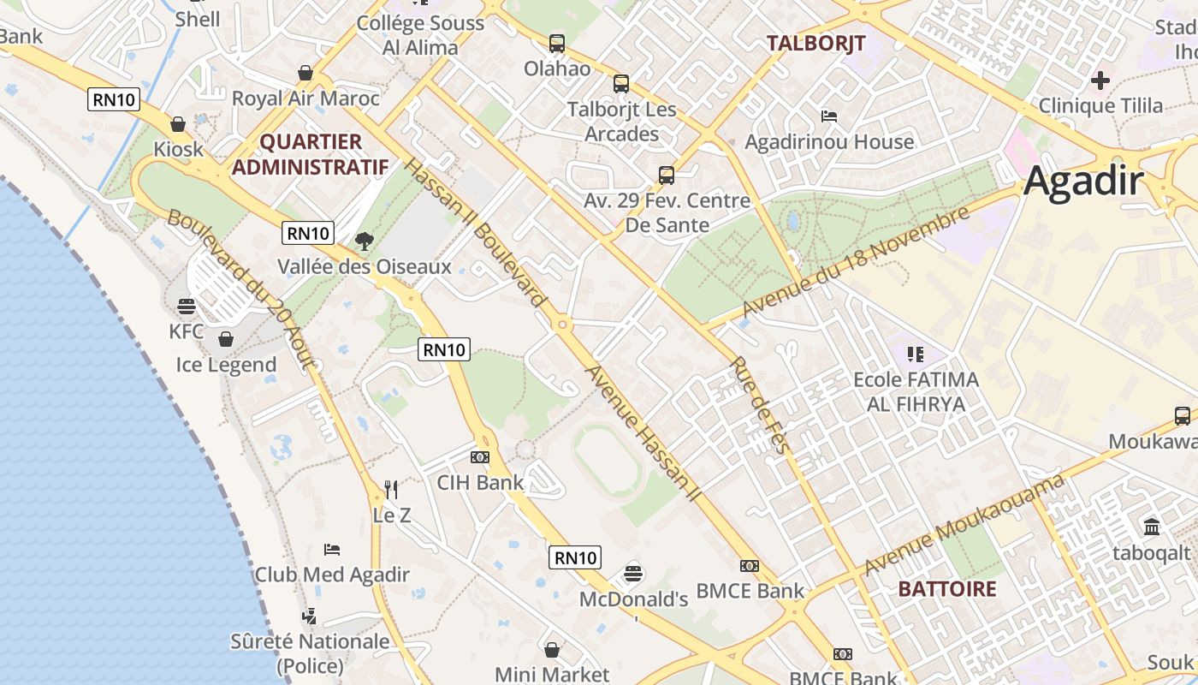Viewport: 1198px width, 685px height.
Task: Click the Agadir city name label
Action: (x=1083, y=182)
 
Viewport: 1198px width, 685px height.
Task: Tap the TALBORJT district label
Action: (x=815, y=43)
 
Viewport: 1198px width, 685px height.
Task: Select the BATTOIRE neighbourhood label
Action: (x=947, y=589)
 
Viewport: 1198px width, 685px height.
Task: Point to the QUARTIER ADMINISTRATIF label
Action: (x=310, y=154)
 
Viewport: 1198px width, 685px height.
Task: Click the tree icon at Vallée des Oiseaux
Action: (x=364, y=241)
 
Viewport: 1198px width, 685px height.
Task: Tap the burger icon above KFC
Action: (x=187, y=306)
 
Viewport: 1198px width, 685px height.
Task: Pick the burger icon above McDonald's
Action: (x=633, y=573)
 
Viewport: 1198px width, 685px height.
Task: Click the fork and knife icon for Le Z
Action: (x=391, y=489)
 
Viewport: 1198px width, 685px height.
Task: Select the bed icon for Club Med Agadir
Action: (x=332, y=549)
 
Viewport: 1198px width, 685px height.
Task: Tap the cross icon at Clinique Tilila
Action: (x=1100, y=81)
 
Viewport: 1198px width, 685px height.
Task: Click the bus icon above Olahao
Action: (x=557, y=43)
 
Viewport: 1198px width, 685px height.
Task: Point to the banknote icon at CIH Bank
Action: (x=480, y=457)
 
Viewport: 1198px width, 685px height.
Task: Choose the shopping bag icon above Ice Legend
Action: (x=226, y=339)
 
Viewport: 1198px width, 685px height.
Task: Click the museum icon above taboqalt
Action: (x=1151, y=526)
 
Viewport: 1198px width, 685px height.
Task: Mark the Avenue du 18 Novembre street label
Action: (x=856, y=261)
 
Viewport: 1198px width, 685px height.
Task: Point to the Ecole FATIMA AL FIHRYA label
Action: (x=916, y=391)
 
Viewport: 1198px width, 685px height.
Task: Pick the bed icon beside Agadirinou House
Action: (x=828, y=116)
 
